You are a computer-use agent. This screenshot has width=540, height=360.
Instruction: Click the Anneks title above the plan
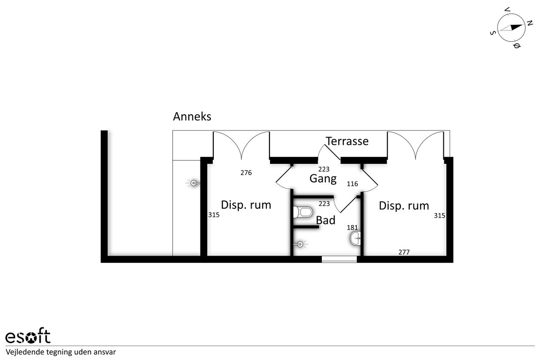[192, 117]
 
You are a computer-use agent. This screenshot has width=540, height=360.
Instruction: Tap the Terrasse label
[347, 141]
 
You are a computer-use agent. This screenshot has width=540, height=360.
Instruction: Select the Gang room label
[323, 179]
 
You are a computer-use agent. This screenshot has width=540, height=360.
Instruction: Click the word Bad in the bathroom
[325, 220]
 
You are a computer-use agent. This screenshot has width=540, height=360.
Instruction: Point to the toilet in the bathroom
[303, 212]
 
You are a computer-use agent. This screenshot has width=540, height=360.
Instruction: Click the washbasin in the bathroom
[355, 238]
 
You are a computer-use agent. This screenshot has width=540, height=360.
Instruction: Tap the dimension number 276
[246, 173]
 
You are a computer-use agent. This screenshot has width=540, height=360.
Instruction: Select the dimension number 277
[404, 252]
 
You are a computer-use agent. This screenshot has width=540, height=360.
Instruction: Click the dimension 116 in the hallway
[352, 184]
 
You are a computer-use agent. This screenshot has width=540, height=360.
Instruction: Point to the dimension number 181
[352, 227]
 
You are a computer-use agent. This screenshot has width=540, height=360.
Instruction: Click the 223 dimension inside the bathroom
[324, 204]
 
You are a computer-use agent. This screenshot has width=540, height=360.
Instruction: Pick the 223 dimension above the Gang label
[324, 169]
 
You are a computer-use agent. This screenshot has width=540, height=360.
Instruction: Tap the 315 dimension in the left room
[214, 214]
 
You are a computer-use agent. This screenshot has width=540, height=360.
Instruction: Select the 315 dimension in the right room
[440, 215]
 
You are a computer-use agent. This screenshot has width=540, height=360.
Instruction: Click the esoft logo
[28, 336]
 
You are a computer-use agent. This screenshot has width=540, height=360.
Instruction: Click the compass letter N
[529, 23]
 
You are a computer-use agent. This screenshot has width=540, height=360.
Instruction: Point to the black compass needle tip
[522, 25]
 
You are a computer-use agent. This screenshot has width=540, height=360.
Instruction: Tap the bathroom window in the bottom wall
[339, 259]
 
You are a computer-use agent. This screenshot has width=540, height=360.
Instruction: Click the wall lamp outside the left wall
[193, 183]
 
